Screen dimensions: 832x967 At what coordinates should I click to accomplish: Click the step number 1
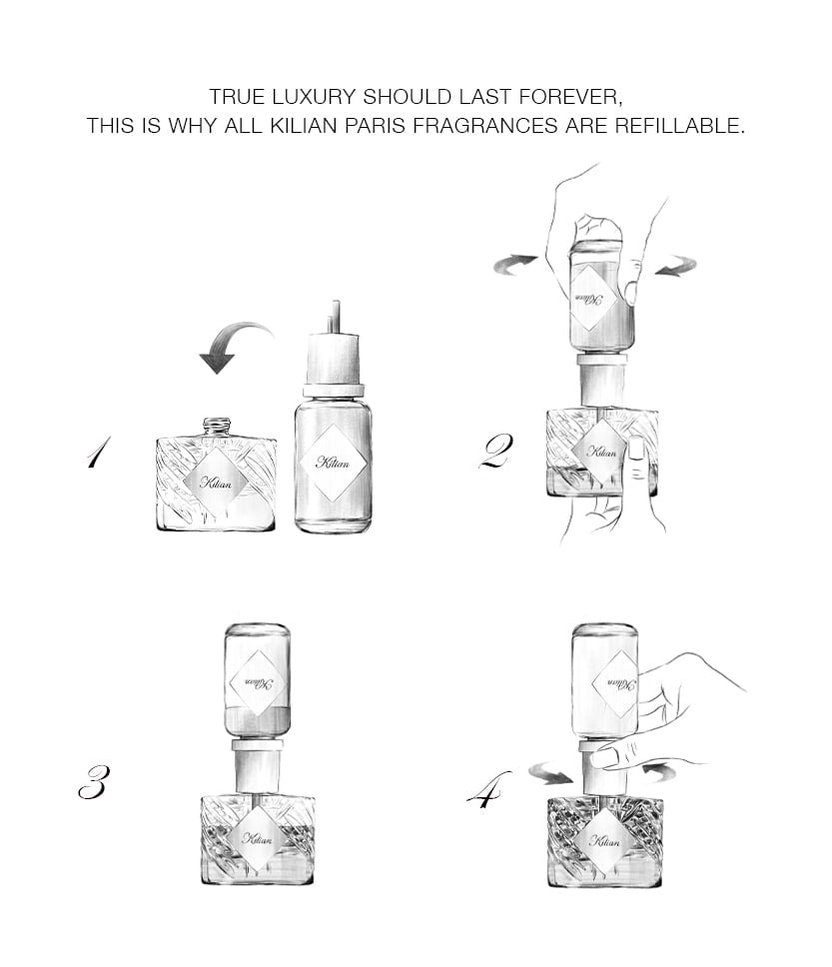[x=98, y=453]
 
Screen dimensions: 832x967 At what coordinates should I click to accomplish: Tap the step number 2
[x=496, y=452]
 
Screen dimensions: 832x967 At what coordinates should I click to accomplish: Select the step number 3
[x=94, y=781]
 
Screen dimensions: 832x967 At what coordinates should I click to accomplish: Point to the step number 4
[x=488, y=788]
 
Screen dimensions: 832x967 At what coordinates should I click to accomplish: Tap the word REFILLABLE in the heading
[x=679, y=126]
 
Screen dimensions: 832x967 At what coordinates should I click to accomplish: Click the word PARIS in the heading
[x=375, y=126]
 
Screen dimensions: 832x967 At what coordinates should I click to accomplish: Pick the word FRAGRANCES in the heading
[x=484, y=126]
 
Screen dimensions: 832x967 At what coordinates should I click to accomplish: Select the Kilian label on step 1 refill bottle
[x=333, y=463]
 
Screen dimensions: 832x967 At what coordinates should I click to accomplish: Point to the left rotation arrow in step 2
[x=515, y=264]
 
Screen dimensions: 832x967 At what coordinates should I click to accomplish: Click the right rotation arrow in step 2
[x=676, y=267]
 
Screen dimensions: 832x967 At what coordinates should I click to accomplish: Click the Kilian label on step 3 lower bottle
[x=258, y=838]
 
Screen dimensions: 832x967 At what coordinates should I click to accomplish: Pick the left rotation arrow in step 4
[x=551, y=773]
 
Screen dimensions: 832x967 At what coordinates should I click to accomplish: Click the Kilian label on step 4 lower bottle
[x=605, y=840]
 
